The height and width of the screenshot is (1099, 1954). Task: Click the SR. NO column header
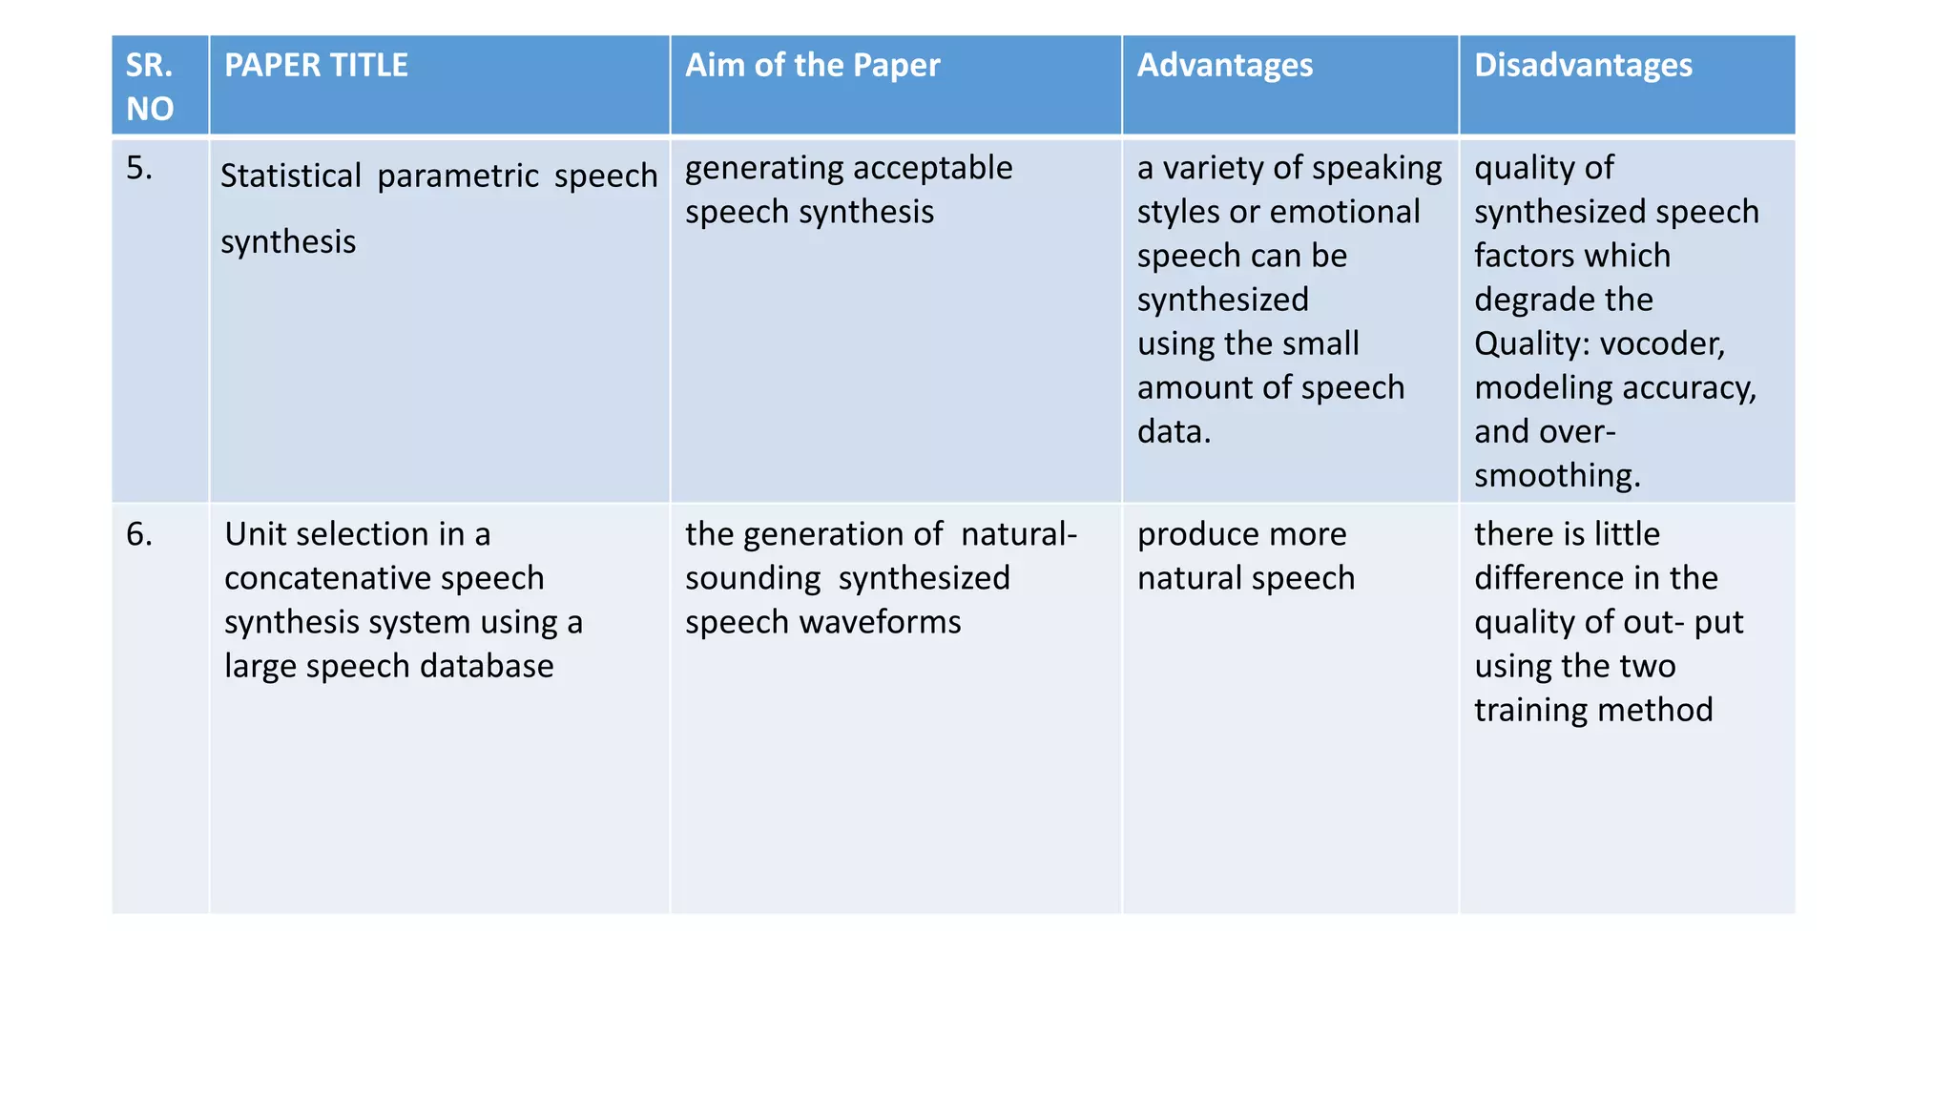(150, 86)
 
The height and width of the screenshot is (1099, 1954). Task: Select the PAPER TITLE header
(316, 65)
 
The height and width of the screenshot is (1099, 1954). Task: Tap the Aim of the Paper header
(812, 65)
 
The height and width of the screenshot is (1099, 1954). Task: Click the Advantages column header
(1224, 65)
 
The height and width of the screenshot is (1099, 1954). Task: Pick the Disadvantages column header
(1583, 65)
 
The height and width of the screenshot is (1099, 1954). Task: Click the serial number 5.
(139, 168)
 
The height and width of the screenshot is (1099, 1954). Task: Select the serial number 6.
(139, 534)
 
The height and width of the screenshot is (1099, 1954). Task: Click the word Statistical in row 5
(291, 176)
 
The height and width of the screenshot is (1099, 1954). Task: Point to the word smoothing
(1556, 475)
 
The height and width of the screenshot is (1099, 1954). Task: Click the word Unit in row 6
(250, 534)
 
